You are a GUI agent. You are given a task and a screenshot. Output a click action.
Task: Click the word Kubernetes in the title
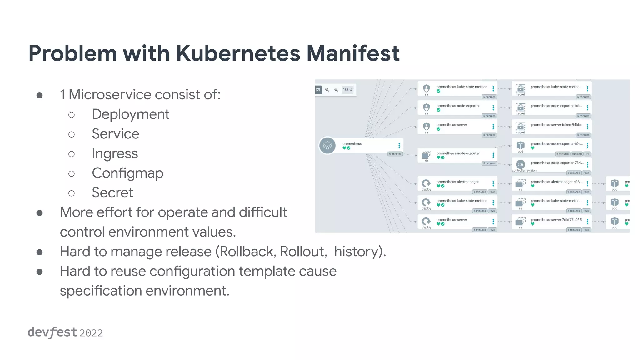(x=238, y=53)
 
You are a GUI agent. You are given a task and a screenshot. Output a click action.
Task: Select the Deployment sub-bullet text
(x=130, y=114)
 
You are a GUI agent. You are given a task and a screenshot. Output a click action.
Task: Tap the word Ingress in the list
(x=115, y=154)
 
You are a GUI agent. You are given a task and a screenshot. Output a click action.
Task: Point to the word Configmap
(x=127, y=173)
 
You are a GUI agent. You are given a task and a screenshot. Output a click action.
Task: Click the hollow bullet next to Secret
(x=72, y=193)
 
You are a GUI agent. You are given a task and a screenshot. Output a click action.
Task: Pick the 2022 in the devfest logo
(x=91, y=333)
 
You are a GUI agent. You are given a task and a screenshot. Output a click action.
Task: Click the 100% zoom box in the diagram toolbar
(x=347, y=90)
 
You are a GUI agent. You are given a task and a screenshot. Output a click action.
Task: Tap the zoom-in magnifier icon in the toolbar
(x=327, y=90)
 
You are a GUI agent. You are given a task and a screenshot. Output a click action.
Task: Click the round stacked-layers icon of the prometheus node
(x=327, y=146)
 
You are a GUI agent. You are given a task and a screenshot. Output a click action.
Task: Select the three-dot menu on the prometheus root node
(x=399, y=146)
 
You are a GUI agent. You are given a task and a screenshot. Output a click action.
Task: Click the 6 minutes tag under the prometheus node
(x=395, y=154)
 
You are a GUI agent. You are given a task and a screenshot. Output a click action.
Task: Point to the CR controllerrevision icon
(x=520, y=164)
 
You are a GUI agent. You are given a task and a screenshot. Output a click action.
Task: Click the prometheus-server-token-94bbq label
(x=556, y=125)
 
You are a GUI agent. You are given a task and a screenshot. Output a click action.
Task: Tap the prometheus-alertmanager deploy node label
(x=457, y=182)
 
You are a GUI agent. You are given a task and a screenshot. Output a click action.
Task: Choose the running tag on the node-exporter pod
(x=577, y=154)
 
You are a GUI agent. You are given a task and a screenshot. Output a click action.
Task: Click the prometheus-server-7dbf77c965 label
(x=556, y=220)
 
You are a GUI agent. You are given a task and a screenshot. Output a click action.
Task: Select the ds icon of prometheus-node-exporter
(x=426, y=155)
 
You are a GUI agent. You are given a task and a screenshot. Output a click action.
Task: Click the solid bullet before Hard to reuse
(x=40, y=272)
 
